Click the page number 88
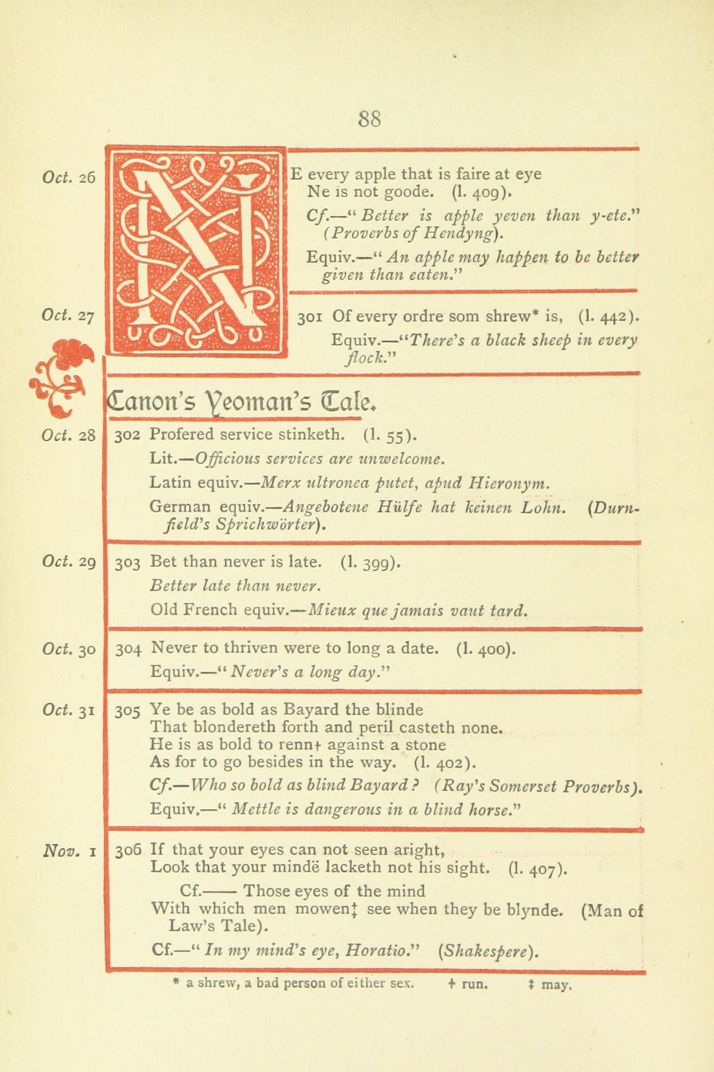click(370, 118)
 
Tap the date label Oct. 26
click(69, 177)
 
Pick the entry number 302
click(127, 435)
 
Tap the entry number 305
click(127, 711)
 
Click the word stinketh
click(311, 434)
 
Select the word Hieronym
click(509, 483)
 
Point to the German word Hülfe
click(397, 507)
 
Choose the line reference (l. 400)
click(486, 649)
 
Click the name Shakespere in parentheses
click(487, 951)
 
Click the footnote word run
click(474, 984)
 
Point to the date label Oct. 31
click(69, 711)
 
